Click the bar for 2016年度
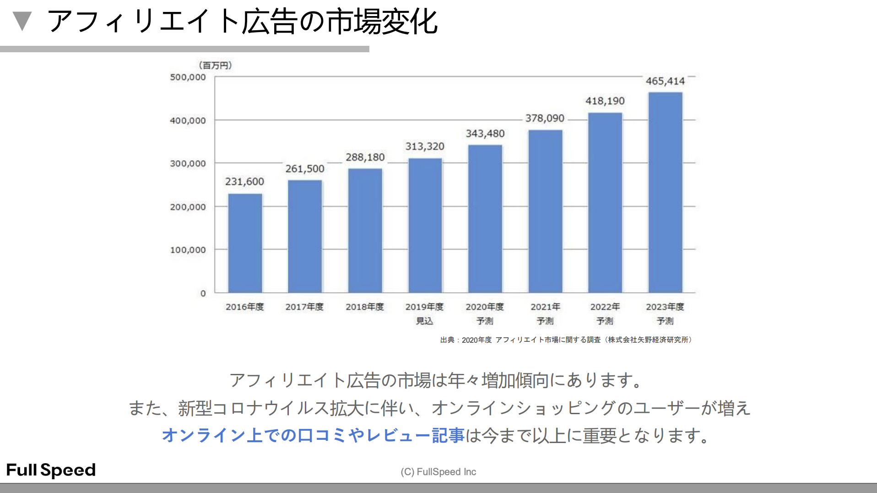tap(245, 243)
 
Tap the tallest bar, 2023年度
tap(665, 192)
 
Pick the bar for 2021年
tap(545, 211)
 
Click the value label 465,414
tap(665, 81)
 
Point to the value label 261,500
tap(305, 169)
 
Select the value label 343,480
tap(485, 133)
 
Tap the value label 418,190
tap(605, 101)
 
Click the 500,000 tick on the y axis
tap(188, 77)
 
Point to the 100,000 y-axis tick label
tap(188, 250)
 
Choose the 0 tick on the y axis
tap(203, 293)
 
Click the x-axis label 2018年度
tap(365, 307)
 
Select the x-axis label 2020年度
tap(485, 307)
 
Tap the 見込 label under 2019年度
tap(424, 321)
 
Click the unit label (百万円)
tap(216, 65)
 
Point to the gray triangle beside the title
tap(22, 21)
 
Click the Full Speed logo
tap(51, 470)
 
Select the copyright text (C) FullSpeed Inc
tap(438, 471)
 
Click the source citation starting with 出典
tap(566, 340)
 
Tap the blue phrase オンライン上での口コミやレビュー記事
tap(313, 435)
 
